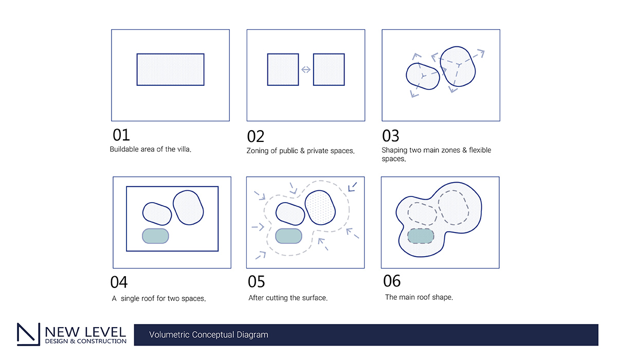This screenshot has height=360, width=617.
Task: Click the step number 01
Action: (x=121, y=135)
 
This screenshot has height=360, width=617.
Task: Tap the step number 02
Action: (x=256, y=136)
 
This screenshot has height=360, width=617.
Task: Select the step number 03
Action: (x=391, y=136)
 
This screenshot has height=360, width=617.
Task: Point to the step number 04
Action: (x=119, y=282)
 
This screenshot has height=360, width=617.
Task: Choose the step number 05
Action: (x=257, y=281)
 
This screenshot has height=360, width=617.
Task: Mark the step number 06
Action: (x=392, y=281)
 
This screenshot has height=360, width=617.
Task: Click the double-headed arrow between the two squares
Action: (x=306, y=70)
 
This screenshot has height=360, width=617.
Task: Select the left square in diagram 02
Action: (x=283, y=70)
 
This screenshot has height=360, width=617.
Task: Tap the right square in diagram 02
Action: (x=329, y=70)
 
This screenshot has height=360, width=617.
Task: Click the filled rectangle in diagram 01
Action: (x=171, y=70)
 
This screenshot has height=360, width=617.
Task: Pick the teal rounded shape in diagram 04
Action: (x=155, y=236)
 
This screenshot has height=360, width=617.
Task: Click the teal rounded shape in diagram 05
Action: (x=288, y=236)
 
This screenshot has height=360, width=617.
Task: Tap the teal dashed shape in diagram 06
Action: (x=421, y=236)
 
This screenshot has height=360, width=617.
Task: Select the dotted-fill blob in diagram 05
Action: (x=320, y=207)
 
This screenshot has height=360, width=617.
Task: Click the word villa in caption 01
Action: (x=184, y=149)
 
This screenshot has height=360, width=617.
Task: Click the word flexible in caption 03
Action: (x=480, y=150)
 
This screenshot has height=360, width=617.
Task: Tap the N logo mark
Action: (x=29, y=334)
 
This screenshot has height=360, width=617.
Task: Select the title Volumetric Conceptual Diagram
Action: (x=209, y=335)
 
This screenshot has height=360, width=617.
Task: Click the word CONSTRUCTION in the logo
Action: (x=102, y=341)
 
